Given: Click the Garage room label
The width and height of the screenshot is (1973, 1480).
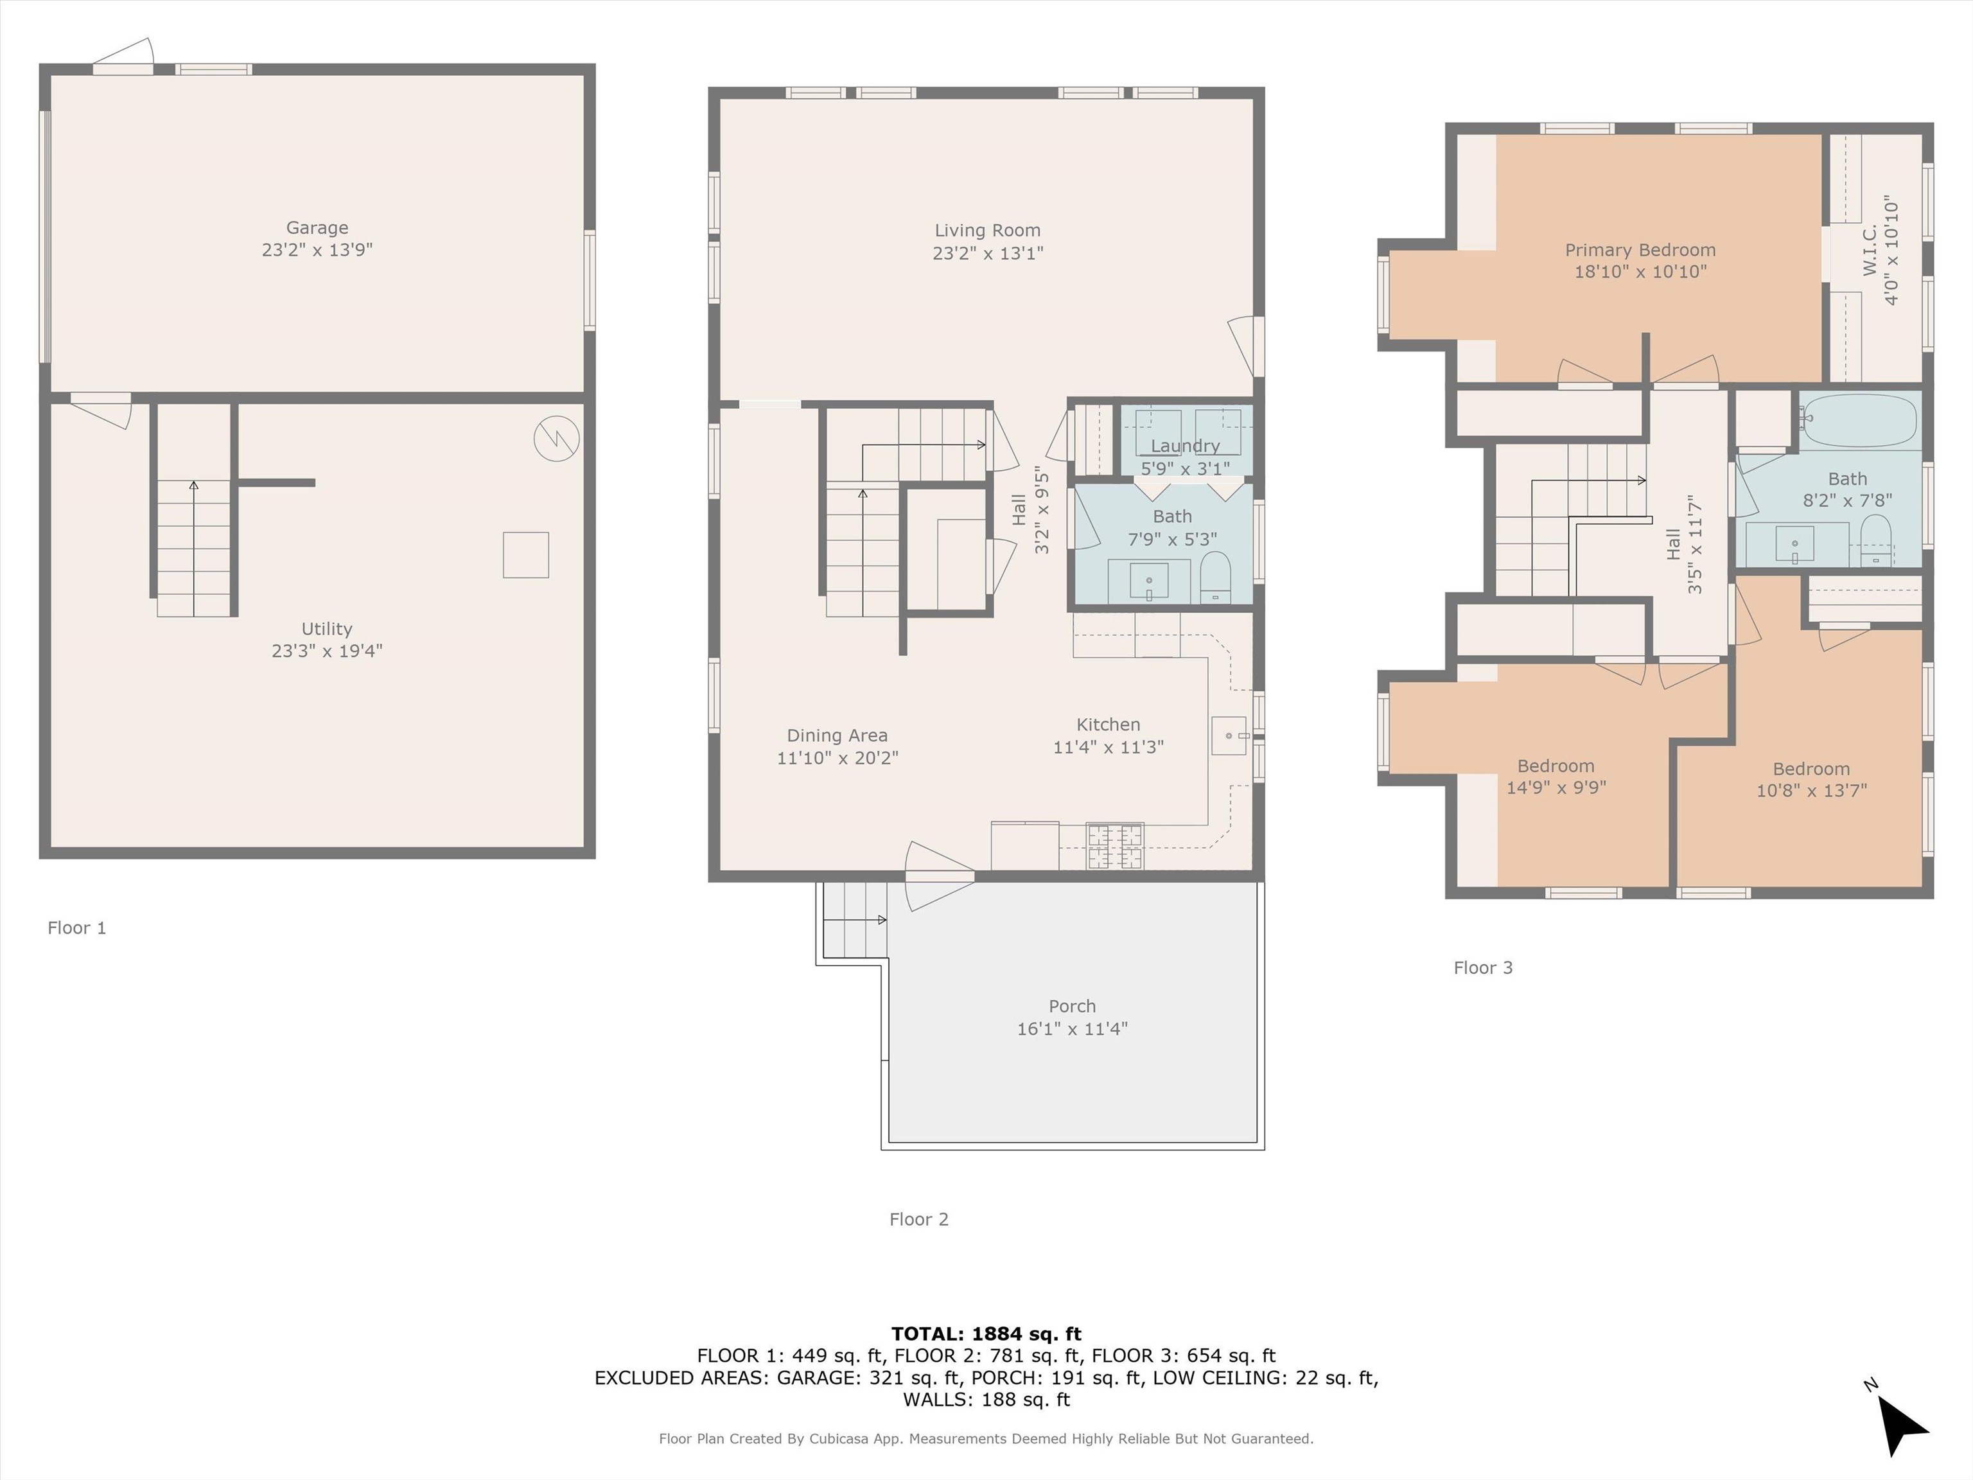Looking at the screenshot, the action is click(317, 229).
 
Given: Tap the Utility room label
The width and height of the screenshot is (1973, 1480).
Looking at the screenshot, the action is click(326, 629).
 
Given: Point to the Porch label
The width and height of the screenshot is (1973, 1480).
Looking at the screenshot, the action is click(1072, 1007).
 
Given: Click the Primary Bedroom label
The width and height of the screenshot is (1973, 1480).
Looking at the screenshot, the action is click(1640, 251).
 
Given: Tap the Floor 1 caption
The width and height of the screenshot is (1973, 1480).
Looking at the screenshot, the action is click(76, 928).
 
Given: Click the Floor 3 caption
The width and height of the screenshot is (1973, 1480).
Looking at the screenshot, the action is click(1484, 968).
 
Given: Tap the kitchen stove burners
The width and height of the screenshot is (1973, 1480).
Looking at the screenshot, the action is click(1114, 846).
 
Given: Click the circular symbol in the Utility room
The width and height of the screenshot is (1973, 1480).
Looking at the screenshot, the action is click(557, 439).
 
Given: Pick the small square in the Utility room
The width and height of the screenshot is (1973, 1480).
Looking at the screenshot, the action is click(525, 555).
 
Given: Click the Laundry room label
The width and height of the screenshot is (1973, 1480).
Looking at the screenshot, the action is click(1184, 446).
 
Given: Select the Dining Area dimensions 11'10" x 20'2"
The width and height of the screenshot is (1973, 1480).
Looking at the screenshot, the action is click(837, 758).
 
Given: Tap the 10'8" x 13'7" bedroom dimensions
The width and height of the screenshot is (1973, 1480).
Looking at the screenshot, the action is click(1812, 790).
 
